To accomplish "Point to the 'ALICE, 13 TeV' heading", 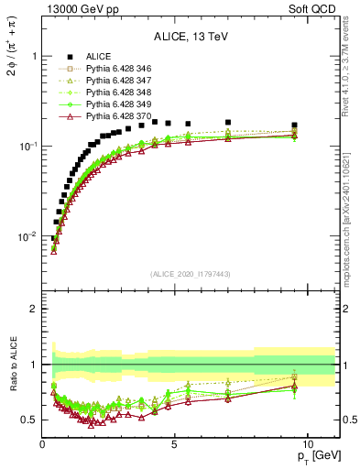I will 191,37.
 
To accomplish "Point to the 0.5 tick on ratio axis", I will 27,420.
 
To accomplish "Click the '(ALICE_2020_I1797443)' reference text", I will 191,274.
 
